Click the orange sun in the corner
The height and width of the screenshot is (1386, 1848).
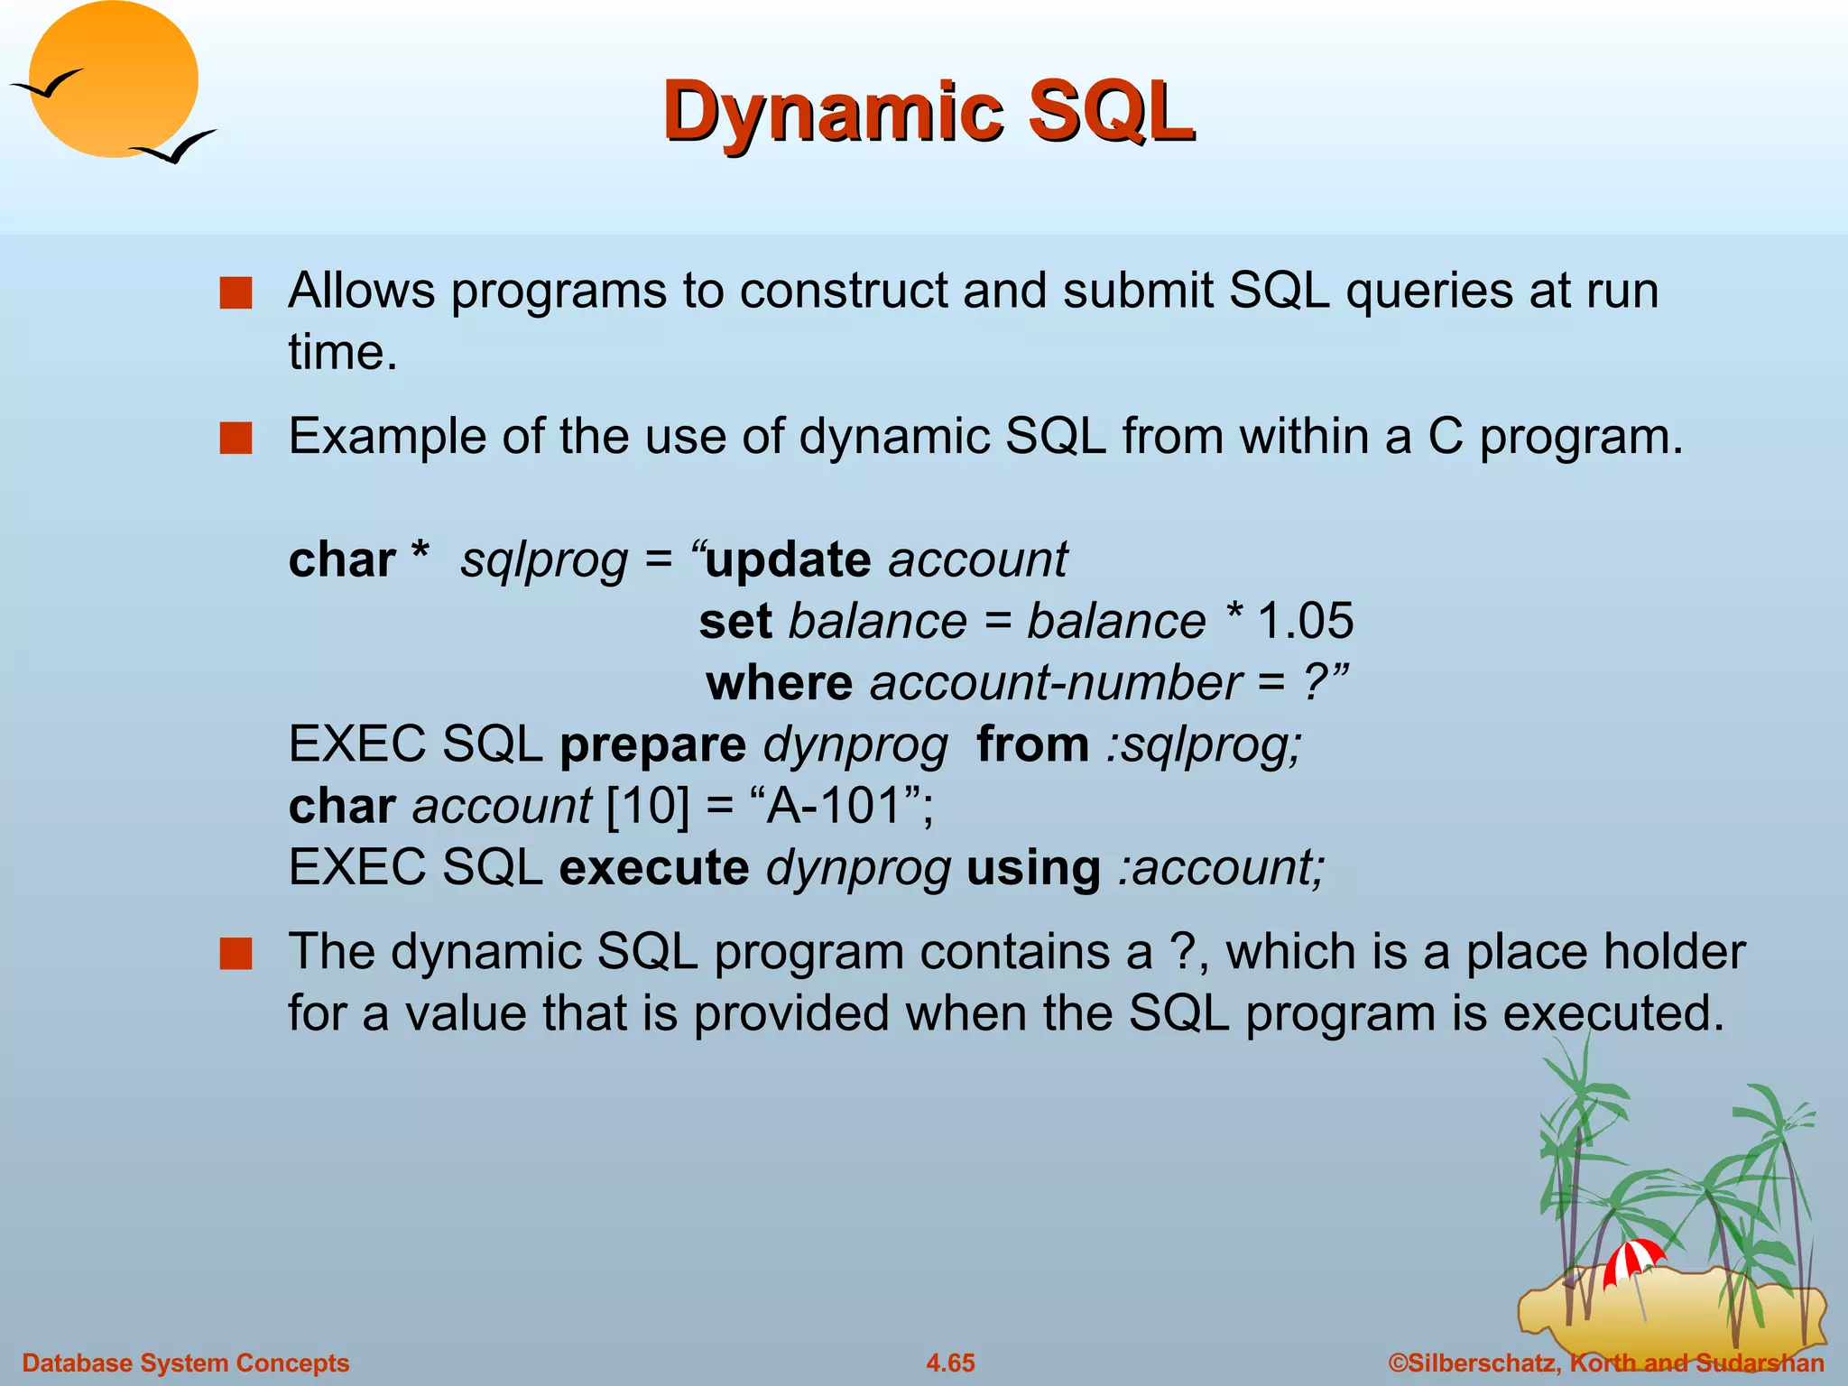pyautogui.click(x=113, y=79)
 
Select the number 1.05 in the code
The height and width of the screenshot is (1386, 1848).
pyautogui.click(x=1305, y=622)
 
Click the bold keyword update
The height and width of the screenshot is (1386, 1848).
pyautogui.click(x=787, y=560)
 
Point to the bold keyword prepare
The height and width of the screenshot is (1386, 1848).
pyautogui.click(x=652, y=746)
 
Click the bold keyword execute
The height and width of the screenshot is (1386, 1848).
pyautogui.click(x=653, y=868)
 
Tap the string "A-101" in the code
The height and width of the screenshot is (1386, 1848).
pyautogui.click(x=836, y=806)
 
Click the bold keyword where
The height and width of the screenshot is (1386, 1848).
pyautogui.click(x=778, y=683)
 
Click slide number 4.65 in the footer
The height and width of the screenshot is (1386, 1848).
pyautogui.click(x=950, y=1363)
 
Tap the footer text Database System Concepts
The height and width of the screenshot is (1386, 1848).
pyautogui.click(x=185, y=1363)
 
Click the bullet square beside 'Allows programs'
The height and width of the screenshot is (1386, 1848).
pyautogui.click(x=236, y=294)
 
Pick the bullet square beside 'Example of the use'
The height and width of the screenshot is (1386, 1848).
pyautogui.click(x=236, y=439)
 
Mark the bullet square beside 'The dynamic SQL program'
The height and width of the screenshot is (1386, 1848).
pyautogui.click(x=236, y=954)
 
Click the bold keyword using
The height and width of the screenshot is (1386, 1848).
pyautogui.click(x=1032, y=868)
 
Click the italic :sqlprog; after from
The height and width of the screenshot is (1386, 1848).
pyautogui.click(x=1204, y=746)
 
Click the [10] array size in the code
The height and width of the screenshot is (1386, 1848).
pyautogui.click(x=647, y=806)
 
